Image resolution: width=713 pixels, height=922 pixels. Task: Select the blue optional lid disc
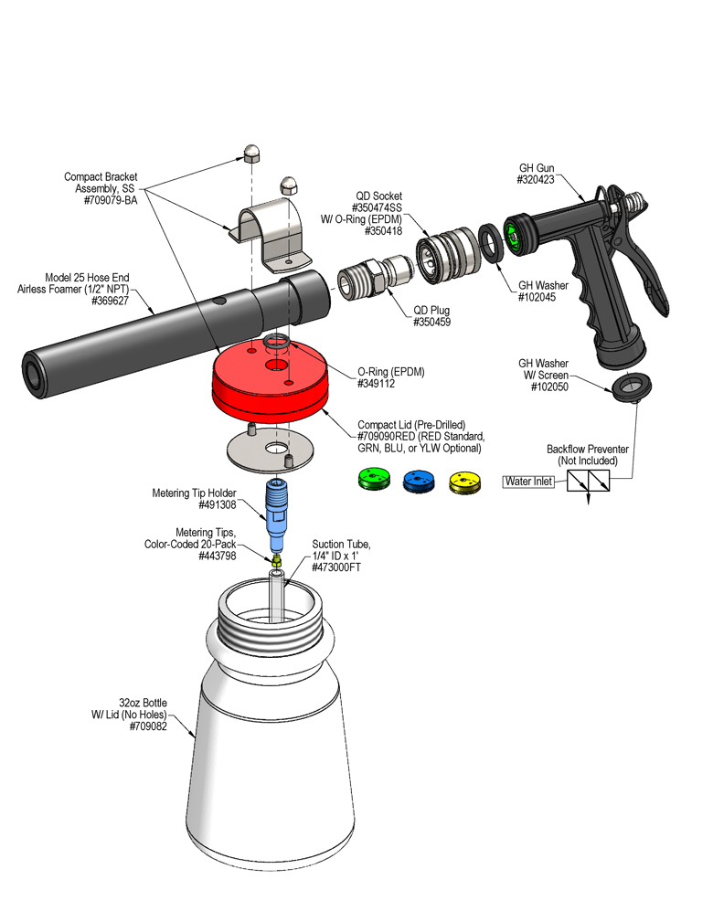[418, 481]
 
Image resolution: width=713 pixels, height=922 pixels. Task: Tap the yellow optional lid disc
[464, 481]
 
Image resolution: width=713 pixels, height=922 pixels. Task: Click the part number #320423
[537, 181]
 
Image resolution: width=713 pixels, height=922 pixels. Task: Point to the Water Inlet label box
[529, 482]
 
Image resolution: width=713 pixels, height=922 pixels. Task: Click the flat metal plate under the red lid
[271, 446]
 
